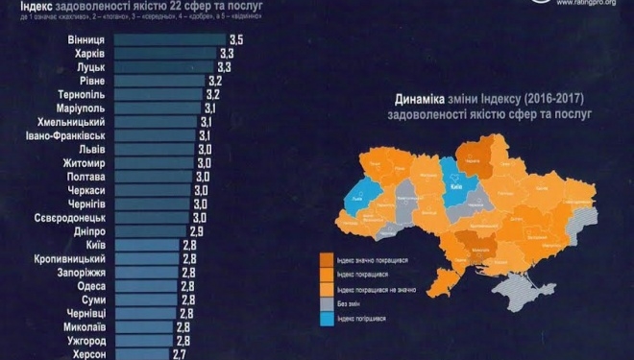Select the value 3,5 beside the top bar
pyautogui.click(x=236, y=39)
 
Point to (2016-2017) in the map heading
pyautogui.click(x=551, y=99)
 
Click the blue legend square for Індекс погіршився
pyautogui.click(x=328, y=319)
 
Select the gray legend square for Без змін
pyautogui.click(x=328, y=303)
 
